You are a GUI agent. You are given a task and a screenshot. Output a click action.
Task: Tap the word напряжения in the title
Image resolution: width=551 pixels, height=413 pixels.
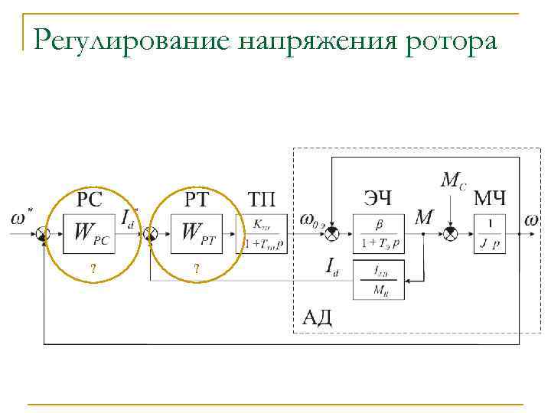[x=321, y=39]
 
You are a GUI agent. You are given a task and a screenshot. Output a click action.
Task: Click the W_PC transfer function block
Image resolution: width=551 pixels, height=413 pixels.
[x=92, y=233]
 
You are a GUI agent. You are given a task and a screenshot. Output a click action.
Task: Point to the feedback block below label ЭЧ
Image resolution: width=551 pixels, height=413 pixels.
[x=380, y=281]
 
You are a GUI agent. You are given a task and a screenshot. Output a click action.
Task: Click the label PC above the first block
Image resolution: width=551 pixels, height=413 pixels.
[x=90, y=200]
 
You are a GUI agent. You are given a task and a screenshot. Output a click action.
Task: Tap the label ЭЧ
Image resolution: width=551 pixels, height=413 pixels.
[x=377, y=200]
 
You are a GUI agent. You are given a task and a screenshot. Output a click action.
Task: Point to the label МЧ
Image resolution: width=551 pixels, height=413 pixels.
[x=490, y=200]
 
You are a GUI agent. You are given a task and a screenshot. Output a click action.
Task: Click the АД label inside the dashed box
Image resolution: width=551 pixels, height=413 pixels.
[x=316, y=316]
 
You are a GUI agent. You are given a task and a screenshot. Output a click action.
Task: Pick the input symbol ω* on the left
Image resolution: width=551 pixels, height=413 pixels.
[x=23, y=218]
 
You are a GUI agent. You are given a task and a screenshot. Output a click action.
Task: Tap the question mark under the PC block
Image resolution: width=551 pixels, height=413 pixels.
[x=93, y=268]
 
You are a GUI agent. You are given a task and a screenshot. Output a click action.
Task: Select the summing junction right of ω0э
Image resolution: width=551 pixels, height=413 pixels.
[x=331, y=233]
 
